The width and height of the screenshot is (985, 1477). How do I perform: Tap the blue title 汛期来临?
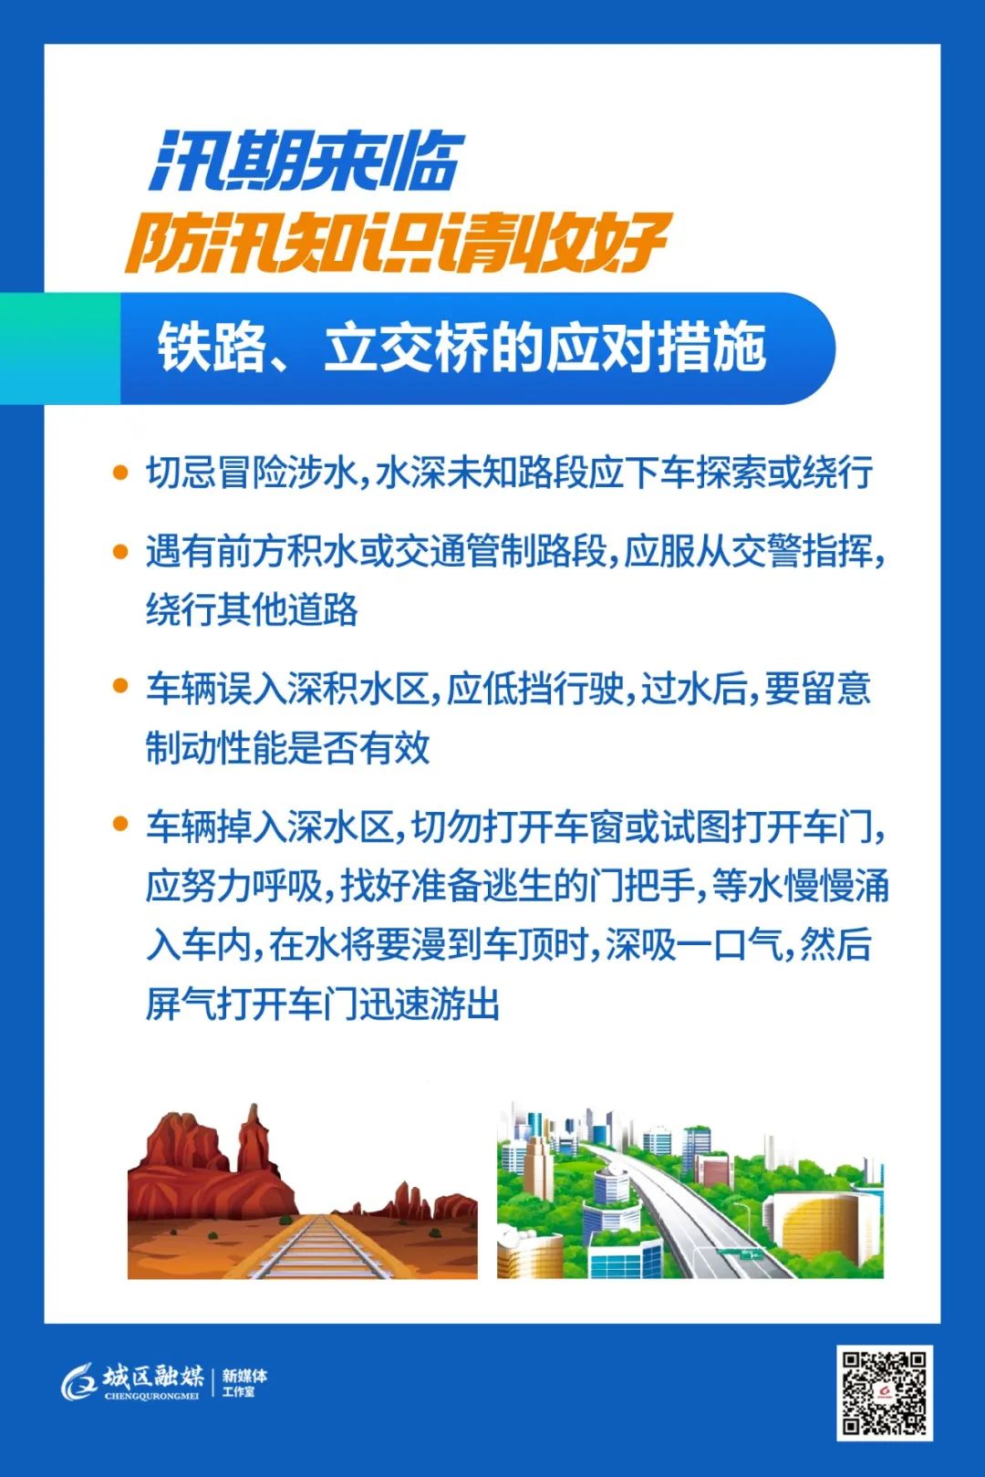pyautogui.click(x=306, y=161)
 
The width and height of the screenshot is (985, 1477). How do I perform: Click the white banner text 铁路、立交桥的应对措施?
pyautogui.click(x=461, y=348)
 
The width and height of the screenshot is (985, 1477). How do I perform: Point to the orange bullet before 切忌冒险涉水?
pyautogui.click(x=120, y=473)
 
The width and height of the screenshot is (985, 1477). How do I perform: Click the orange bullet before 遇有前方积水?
pyautogui.click(x=120, y=551)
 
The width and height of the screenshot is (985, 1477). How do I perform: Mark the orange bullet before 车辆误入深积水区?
pyautogui.click(x=120, y=687)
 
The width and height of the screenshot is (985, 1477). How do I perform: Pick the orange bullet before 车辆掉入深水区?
pyautogui.click(x=120, y=823)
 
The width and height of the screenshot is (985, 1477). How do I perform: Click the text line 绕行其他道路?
pyautogui.click(x=252, y=609)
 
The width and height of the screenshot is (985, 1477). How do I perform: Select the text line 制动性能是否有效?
pyautogui.click(x=287, y=746)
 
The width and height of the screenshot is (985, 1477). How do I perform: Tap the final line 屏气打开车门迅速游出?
pyautogui.click(x=322, y=1004)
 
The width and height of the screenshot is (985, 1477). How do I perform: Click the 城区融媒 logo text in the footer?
pyautogui.click(x=152, y=1377)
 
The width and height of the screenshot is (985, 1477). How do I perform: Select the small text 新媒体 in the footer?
pyautogui.click(x=244, y=1376)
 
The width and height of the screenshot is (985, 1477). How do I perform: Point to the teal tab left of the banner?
pyautogui.click(x=60, y=348)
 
